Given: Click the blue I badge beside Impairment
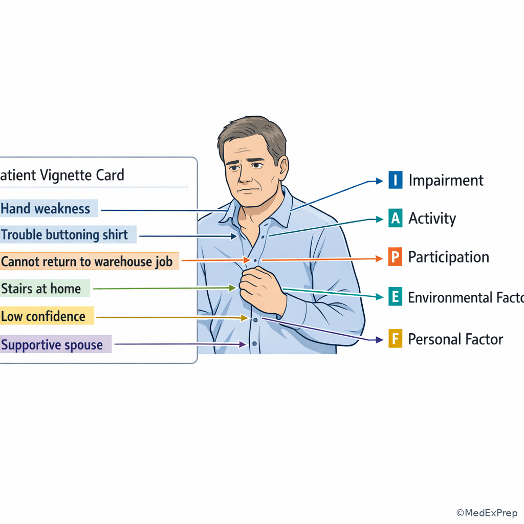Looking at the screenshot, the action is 396,180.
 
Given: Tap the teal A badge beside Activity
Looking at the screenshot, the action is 396,218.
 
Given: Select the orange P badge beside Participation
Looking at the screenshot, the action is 395,257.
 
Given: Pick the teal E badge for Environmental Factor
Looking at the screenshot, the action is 395,296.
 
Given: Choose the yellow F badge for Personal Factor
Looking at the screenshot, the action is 395,339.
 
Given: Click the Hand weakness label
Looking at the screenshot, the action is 46,209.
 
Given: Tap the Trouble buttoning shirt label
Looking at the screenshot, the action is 64,234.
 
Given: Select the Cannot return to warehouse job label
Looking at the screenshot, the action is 87,261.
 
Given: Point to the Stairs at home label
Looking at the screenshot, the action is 41,289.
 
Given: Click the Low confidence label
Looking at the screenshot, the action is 43,316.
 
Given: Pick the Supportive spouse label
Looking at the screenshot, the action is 52,344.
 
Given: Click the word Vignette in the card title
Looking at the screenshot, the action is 65,176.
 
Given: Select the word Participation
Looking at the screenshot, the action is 449,257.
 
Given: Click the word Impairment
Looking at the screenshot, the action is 446,181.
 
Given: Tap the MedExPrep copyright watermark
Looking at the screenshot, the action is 487,513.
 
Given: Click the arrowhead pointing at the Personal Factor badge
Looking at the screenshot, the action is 379,340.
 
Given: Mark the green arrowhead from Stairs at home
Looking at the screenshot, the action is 233,288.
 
